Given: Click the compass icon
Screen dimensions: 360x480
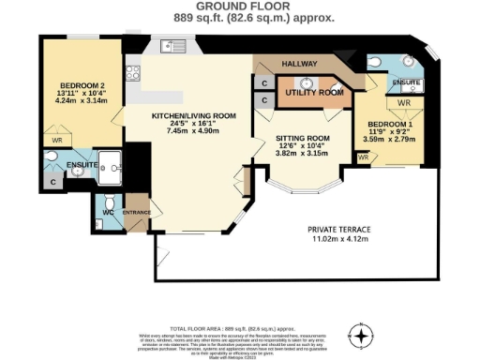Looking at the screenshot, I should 360,333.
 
